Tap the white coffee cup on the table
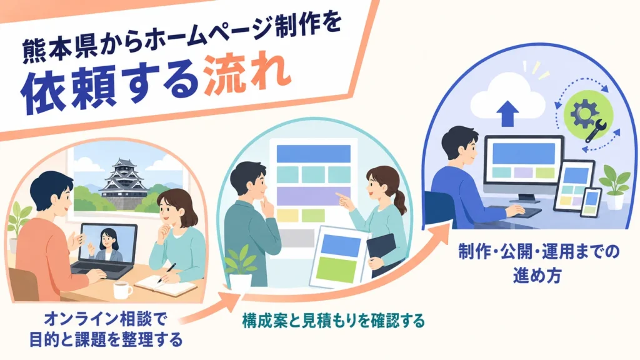[x=122, y=290]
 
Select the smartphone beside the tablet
[x=591, y=202]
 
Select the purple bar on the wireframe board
[x=314, y=196]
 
